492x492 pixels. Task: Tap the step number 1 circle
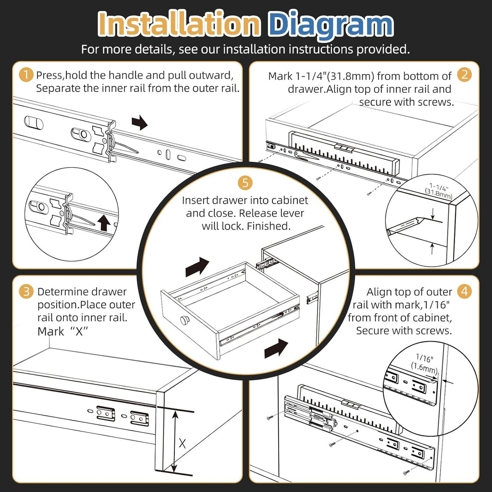point(25,75)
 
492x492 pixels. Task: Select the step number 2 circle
point(464,75)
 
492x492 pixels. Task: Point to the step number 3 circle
point(25,291)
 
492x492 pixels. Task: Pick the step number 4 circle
point(464,291)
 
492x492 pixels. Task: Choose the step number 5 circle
point(245,183)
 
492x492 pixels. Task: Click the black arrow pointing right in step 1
point(140,123)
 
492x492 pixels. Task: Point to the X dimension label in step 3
point(182,443)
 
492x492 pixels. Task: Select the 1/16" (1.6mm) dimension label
point(423,364)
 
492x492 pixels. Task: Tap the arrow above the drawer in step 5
point(197,266)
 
